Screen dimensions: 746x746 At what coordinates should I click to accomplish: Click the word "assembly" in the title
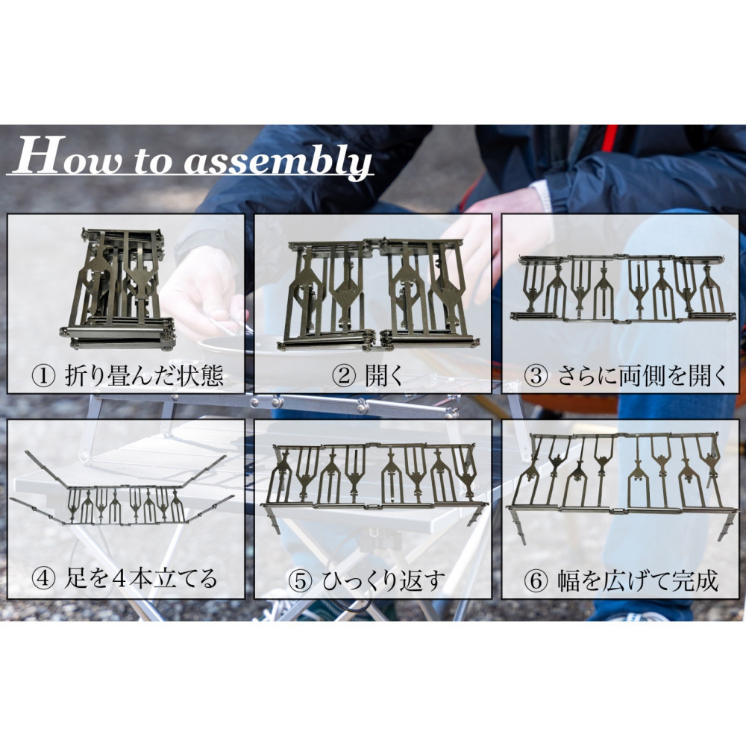point(278,160)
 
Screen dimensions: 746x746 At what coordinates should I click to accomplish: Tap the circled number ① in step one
point(43,376)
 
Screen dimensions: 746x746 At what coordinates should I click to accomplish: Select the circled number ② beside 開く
point(344,376)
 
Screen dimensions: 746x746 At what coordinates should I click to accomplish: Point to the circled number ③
point(536,376)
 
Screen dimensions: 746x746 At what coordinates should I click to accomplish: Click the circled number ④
point(43,579)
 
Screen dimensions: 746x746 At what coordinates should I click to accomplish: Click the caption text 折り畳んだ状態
point(144,376)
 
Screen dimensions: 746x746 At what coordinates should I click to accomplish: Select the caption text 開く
point(385,376)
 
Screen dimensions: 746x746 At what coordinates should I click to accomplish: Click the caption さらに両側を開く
point(642,376)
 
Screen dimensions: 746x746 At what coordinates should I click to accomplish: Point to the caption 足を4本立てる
point(141,579)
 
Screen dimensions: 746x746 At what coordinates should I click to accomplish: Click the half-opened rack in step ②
point(378,295)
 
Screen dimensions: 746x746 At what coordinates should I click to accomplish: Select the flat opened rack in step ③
point(622,288)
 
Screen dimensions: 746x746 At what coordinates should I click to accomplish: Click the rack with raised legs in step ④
point(122,495)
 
